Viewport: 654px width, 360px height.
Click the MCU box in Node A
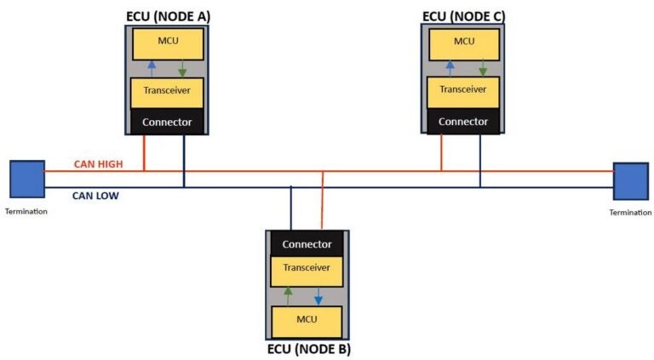pyautogui.click(x=167, y=43)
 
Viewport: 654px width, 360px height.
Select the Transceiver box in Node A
pyautogui.click(x=167, y=91)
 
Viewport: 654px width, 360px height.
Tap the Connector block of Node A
pyautogui.click(x=167, y=122)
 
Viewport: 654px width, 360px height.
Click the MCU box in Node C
pyautogui.click(x=463, y=42)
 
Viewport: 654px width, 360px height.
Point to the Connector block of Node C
pyautogui.click(x=463, y=122)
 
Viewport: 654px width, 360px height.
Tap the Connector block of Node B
pyautogui.click(x=307, y=244)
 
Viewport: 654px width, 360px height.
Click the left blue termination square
pyautogui.click(x=27, y=180)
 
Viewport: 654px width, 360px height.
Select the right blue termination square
pyautogui.click(x=630, y=180)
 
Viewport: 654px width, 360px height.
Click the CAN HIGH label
pyautogui.click(x=95, y=163)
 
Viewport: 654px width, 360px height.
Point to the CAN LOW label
pyautogui.click(x=95, y=196)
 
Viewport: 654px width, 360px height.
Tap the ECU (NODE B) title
pyautogui.click(x=307, y=349)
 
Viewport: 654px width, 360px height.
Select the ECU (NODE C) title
pyautogui.click(x=463, y=16)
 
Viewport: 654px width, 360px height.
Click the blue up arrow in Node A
pyautogui.click(x=152, y=68)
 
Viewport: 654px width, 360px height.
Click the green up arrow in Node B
pyautogui.click(x=289, y=296)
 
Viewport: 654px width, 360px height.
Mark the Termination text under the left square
pyautogui.click(x=26, y=211)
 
